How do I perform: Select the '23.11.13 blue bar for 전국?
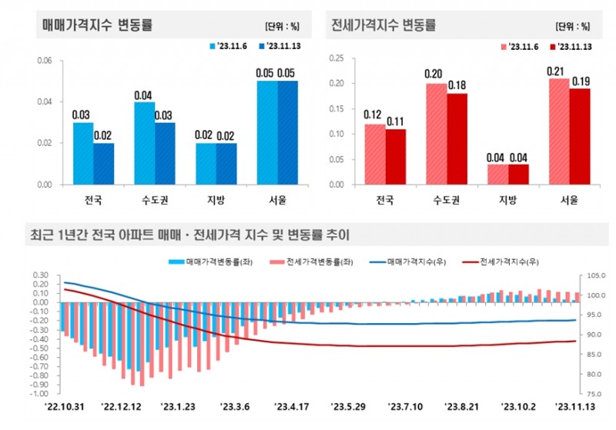click(x=103, y=163)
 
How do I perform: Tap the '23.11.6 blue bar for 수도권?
click(x=144, y=142)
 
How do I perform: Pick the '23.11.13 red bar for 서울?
click(x=579, y=136)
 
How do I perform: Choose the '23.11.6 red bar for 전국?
click(x=374, y=154)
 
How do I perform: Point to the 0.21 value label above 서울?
click(x=557, y=72)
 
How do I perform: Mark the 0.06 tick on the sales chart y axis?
click(x=45, y=61)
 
